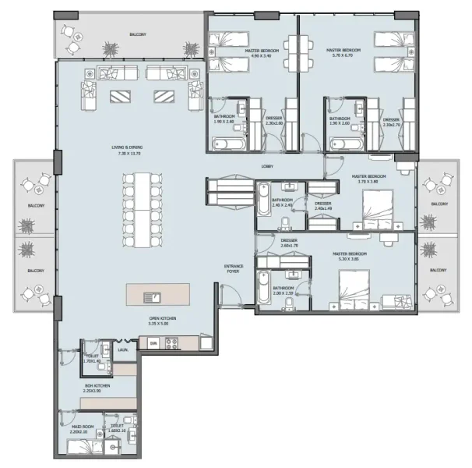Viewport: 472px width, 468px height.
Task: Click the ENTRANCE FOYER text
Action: click(234, 269)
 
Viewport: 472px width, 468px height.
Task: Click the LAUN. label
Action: click(123, 350)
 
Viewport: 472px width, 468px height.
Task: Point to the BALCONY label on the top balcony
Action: click(137, 34)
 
